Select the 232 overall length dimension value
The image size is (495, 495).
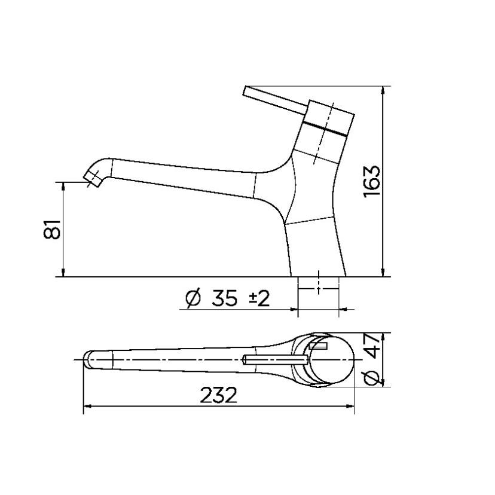219,395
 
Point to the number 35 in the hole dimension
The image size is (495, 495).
226,297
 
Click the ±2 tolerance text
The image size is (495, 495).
259,297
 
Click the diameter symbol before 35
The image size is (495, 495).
194,298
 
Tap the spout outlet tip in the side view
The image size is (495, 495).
93,178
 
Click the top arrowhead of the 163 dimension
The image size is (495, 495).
383,90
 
